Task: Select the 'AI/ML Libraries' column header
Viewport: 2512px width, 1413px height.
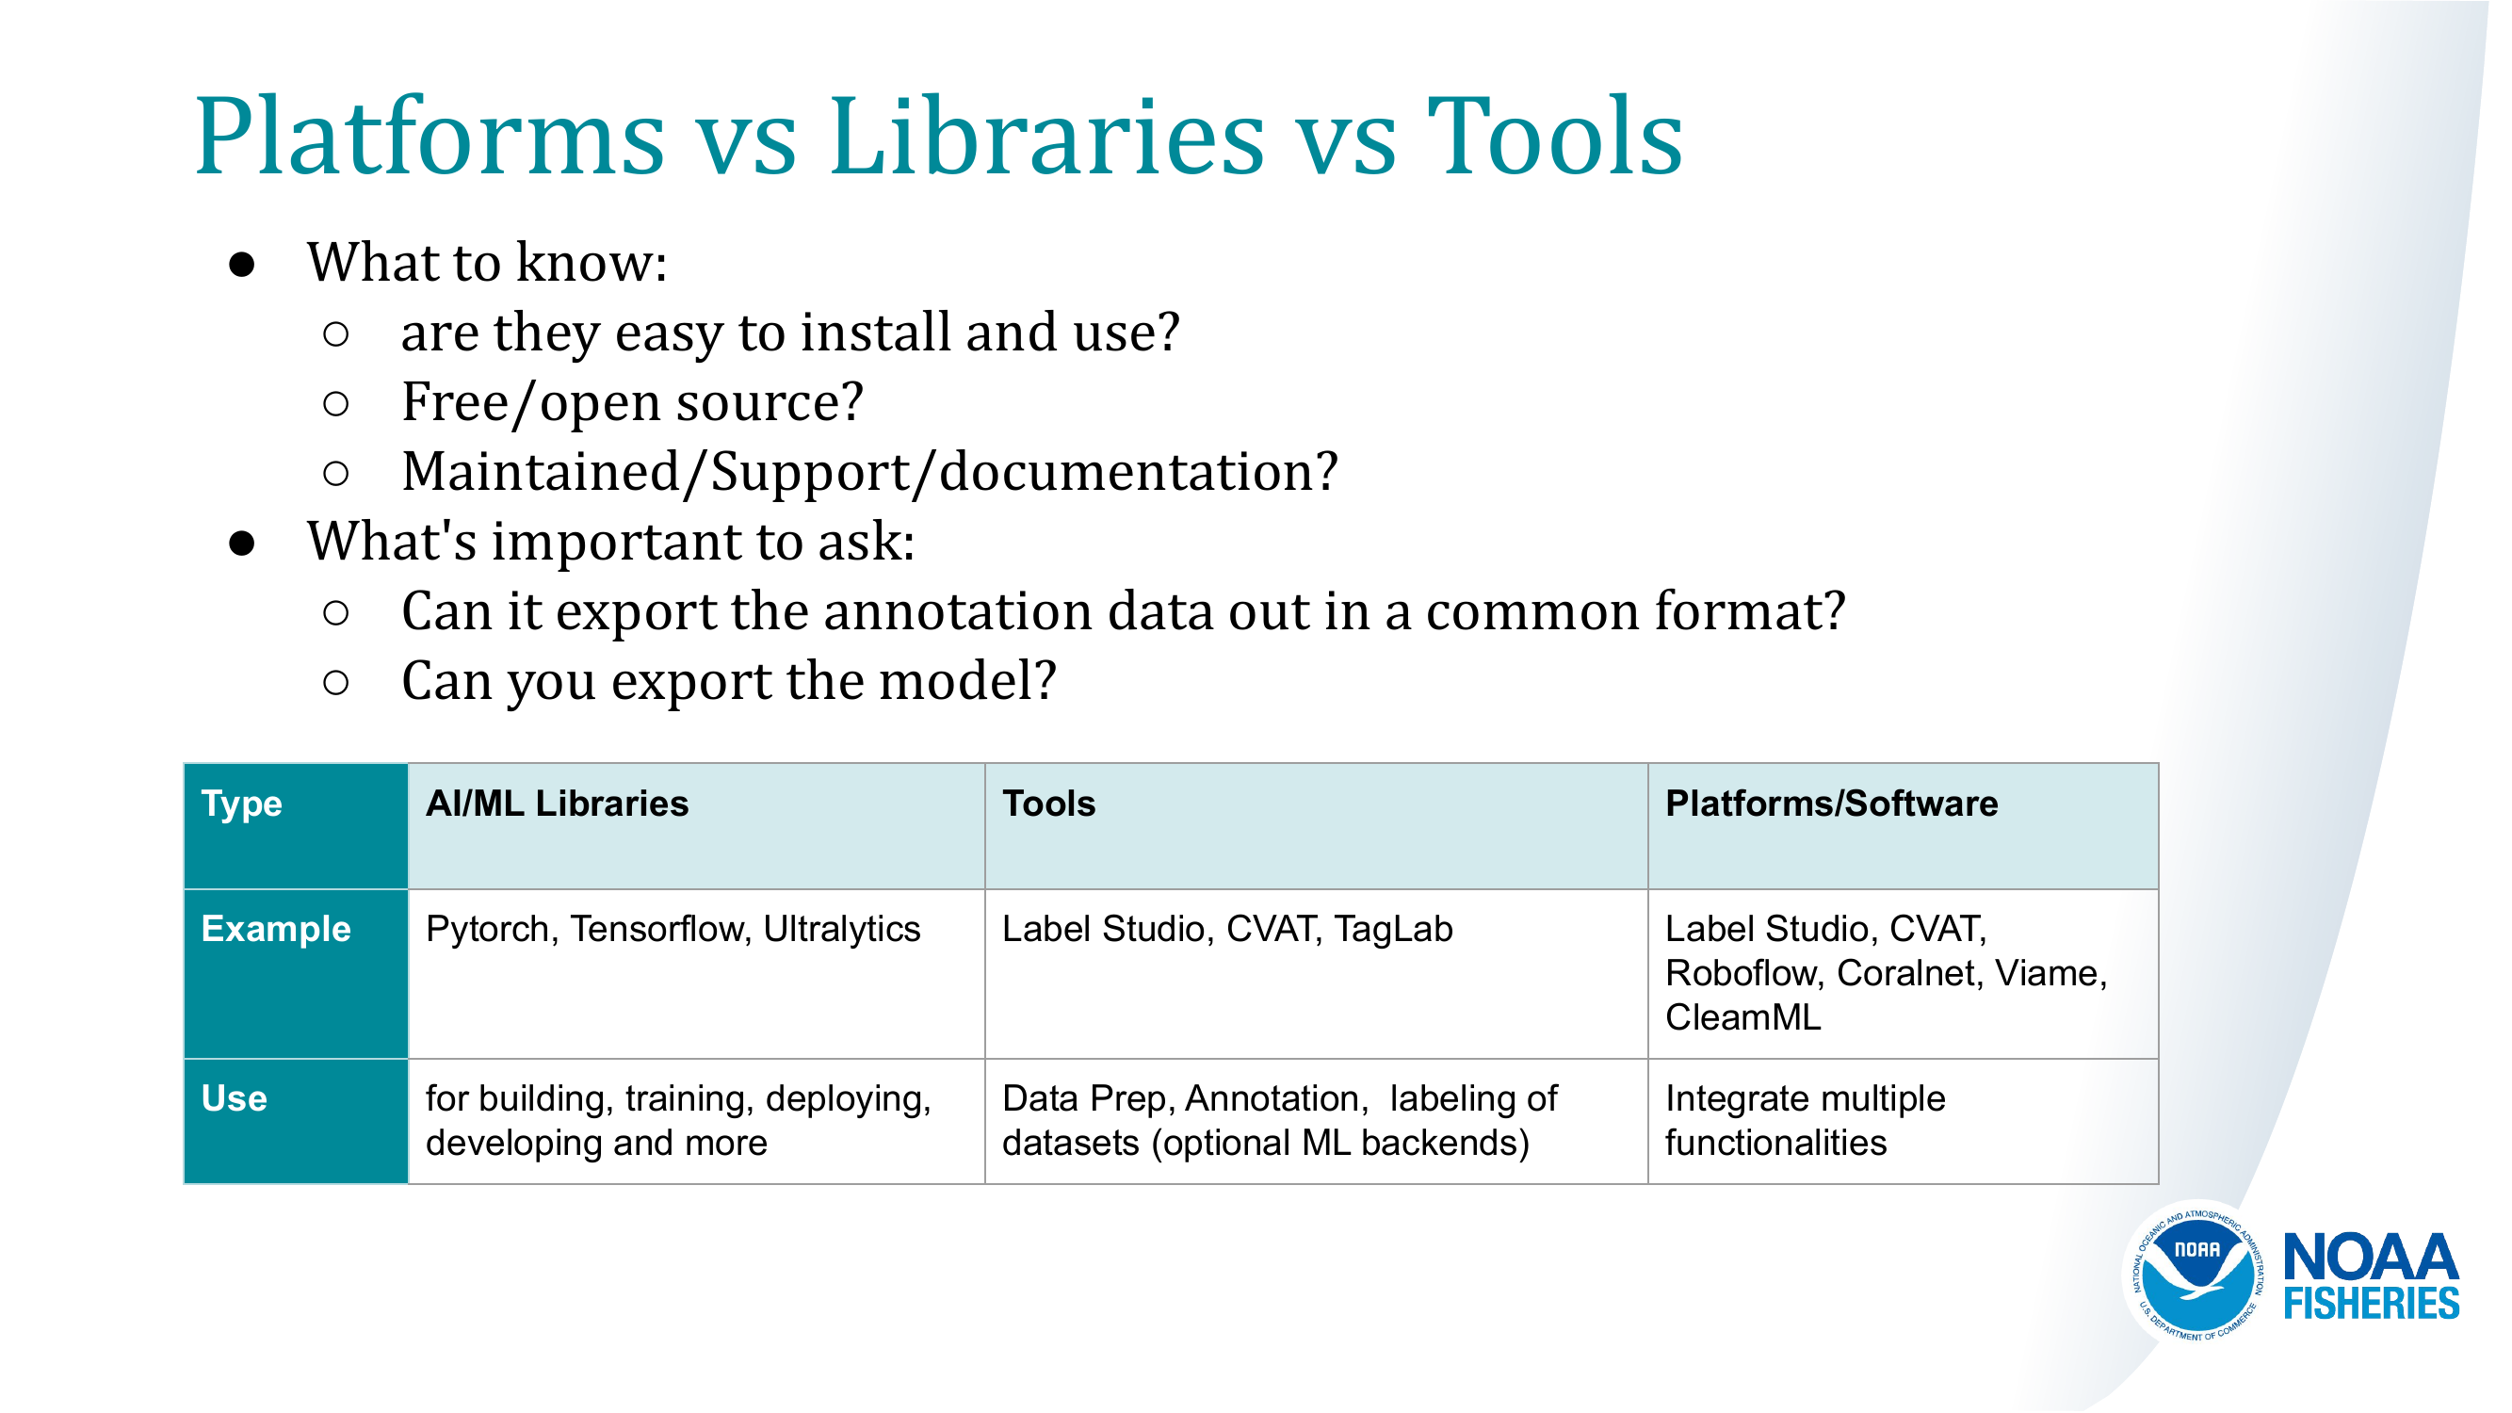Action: coord(557,804)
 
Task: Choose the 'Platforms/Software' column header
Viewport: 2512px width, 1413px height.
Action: coord(1831,804)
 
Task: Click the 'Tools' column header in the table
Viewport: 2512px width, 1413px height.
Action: coord(1048,804)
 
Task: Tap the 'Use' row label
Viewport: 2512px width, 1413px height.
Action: coord(234,1099)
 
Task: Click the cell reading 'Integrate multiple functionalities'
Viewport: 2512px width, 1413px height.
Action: coord(1805,1121)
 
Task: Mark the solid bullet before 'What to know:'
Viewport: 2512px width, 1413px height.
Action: coord(242,266)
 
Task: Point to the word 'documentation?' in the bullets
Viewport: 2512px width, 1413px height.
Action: coord(1139,472)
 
